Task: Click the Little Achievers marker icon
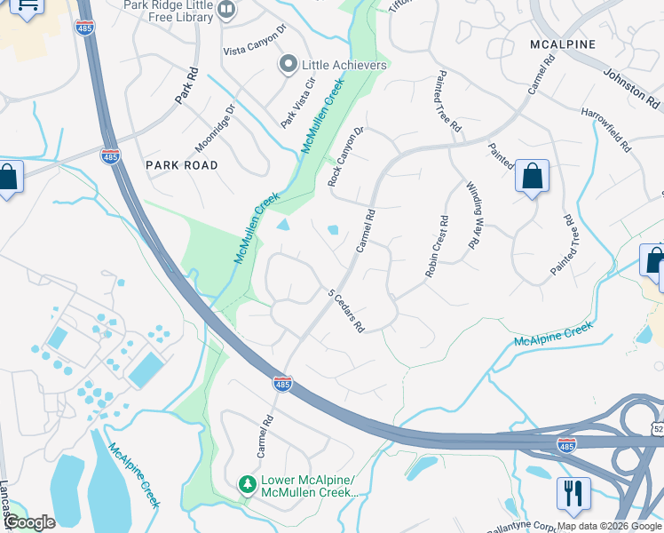288,65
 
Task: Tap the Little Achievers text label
344,65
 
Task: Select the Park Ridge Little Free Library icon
226,11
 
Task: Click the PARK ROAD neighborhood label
182,165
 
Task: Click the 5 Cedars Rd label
347,310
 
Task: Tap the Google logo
29,522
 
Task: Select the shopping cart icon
27,7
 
